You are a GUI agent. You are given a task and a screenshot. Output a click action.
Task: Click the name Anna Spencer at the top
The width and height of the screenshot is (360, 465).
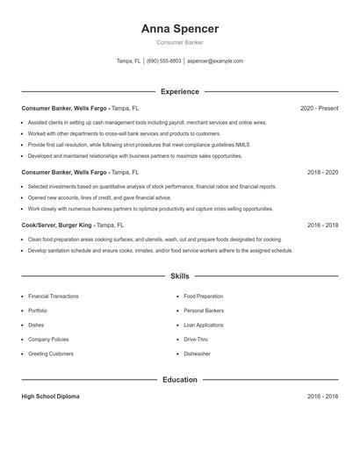tap(180, 28)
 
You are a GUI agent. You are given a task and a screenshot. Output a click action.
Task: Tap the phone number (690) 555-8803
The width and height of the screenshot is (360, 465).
tap(164, 61)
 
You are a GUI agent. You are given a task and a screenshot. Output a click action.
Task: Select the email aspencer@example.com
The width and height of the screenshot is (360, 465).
tap(215, 61)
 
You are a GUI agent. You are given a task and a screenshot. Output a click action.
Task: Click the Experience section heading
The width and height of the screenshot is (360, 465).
tap(180, 91)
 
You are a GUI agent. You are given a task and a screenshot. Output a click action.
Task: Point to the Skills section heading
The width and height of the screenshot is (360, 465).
tap(180, 275)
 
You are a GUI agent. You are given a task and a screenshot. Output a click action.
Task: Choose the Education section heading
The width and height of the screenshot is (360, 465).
tap(180, 380)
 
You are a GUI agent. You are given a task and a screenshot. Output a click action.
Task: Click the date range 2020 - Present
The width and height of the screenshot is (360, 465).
tap(319, 108)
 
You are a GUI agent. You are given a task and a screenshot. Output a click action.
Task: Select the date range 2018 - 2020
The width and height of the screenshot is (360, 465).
tap(322, 172)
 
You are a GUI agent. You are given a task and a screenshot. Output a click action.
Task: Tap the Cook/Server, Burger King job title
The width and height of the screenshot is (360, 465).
tap(57, 225)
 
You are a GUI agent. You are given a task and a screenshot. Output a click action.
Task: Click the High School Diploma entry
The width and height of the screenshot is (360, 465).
tap(50, 397)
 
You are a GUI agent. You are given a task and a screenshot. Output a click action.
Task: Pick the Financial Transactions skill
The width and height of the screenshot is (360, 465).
tap(53, 297)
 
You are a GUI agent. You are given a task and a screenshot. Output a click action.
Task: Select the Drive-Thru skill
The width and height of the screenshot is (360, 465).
tap(197, 339)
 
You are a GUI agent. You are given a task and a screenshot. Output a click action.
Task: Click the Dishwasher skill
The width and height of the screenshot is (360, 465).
tap(197, 354)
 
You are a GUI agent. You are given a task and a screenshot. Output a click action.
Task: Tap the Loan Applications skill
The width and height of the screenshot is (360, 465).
tap(203, 325)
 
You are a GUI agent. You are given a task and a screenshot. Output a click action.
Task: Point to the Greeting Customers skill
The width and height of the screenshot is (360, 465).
tap(51, 354)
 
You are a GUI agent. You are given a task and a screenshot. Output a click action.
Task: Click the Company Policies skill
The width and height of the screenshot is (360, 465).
tap(48, 339)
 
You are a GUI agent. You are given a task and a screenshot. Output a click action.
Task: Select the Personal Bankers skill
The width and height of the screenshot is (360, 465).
tap(204, 311)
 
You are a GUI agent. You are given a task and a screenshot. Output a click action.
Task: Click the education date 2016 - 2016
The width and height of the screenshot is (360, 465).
tap(322, 397)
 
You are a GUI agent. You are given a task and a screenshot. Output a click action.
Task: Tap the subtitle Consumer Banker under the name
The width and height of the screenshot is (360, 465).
tap(180, 42)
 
